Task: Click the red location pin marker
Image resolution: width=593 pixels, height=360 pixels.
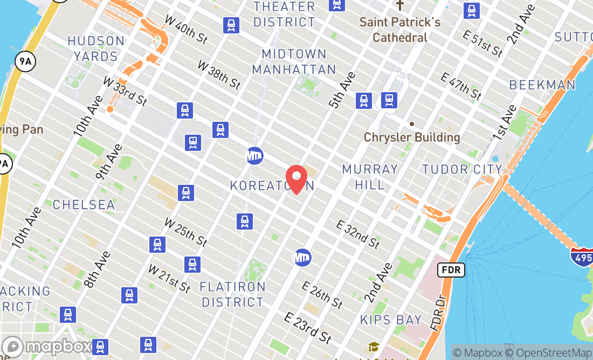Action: [296, 179]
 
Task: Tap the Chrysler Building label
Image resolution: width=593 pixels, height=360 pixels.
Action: [412, 137]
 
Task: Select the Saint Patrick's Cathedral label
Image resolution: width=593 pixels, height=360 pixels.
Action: [400, 30]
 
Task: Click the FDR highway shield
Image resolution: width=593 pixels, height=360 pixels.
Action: [451, 269]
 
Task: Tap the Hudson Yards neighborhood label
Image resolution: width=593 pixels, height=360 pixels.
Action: [96, 49]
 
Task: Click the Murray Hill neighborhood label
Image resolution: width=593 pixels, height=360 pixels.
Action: [370, 177]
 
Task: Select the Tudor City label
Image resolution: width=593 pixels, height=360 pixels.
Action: [462, 169]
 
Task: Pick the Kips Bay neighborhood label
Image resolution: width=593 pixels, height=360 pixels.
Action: [391, 320]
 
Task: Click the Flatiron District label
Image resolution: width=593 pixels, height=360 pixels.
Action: [233, 294]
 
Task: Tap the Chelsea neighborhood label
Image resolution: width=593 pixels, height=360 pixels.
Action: [84, 204]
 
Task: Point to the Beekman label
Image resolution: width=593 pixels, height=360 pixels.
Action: [542, 85]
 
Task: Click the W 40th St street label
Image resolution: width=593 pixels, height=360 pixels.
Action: [186, 30]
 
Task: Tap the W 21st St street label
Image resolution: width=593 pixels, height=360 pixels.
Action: [169, 279]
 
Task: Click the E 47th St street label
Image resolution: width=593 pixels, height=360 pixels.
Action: [461, 86]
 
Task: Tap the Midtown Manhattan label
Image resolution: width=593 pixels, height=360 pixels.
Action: [294, 61]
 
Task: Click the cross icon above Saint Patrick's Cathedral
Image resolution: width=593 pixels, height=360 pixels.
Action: [399, 5]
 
